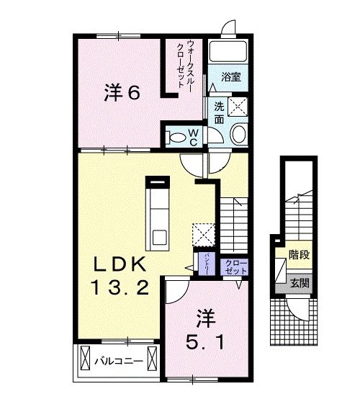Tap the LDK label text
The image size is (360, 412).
tap(118, 263)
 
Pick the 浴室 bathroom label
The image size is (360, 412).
tap(230, 75)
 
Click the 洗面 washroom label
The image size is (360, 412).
tap(219, 112)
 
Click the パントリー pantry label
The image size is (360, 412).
tap(206, 263)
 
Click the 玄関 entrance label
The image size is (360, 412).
tap(300, 283)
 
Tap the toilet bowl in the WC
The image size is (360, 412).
tap(176, 135)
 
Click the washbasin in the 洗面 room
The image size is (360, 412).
tap(238, 133)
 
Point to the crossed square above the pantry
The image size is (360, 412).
tap(204, 233)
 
